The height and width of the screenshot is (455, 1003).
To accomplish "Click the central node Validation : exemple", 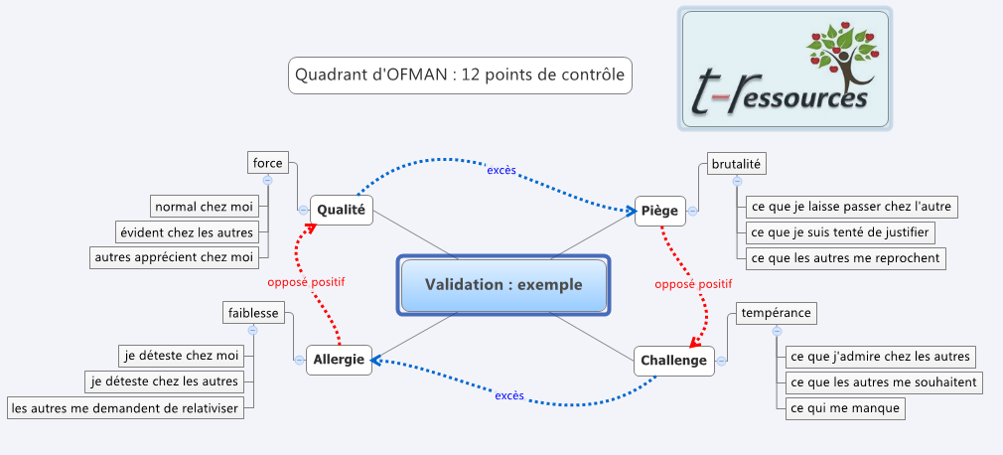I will click(x=503, y=285).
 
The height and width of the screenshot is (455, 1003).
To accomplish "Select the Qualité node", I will click(x=341, y=210).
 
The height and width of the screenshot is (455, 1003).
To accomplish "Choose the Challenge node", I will click(x=673, y=360).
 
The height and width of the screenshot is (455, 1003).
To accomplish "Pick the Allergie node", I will click(x=340, y=360).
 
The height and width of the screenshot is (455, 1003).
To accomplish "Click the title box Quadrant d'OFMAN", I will click(x=460, y=75).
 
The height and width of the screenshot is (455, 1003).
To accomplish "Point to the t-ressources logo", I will click(x=785, y=69).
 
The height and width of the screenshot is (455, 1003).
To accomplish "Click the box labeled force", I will click(x=267, y=163).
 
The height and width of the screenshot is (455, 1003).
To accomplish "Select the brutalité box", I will click(x=738, y=164).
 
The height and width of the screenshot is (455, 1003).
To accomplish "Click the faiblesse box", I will click(x=252, y=313).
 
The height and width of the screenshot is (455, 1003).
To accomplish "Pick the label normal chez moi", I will click(x=204, y=207).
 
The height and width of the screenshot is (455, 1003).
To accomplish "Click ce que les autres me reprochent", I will click(x=845, y=258).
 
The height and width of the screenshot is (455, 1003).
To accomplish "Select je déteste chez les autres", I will click(x=165, y=381).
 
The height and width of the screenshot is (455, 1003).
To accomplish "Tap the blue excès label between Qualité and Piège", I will click(x=501, y=170).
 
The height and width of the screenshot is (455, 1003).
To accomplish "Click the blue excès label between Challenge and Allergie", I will click(x=508, y=396).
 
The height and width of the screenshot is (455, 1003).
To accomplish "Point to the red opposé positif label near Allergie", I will click(x=306, y=282).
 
